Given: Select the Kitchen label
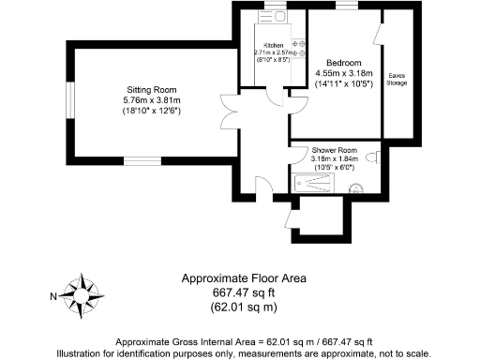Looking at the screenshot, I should pyautogui.click(x=273, y=44).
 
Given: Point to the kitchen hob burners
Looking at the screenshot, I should pyautogui.click(x=301, y=49).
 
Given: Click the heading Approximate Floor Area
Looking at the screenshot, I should pyautogui.click(x=243, y=278).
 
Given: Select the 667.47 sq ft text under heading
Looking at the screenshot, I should pyautogui.click(x=243, y=292).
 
